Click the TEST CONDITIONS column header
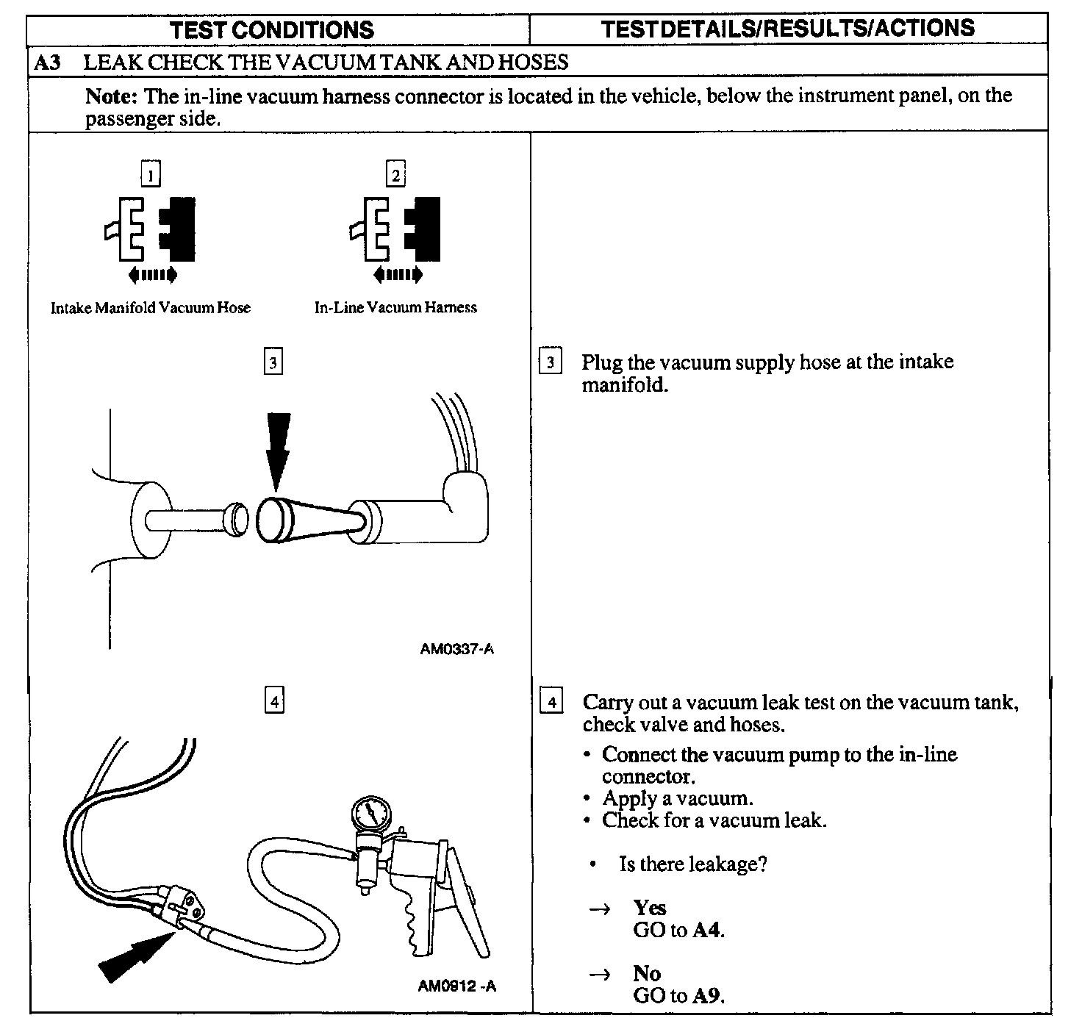[271, 30]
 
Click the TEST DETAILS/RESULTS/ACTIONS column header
[788, 29]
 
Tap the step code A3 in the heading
[48, 62]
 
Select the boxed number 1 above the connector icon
[151, 176]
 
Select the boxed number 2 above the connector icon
[395, 176]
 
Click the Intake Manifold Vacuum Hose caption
[150, 308]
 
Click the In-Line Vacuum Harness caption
[395, 308]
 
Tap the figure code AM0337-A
[456, 649]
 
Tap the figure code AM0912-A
[456, 986]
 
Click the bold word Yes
[650, 908]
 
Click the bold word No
[647, 973]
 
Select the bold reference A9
[709, 996]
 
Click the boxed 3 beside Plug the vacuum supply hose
[551, 362]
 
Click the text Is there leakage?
[693, 864]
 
